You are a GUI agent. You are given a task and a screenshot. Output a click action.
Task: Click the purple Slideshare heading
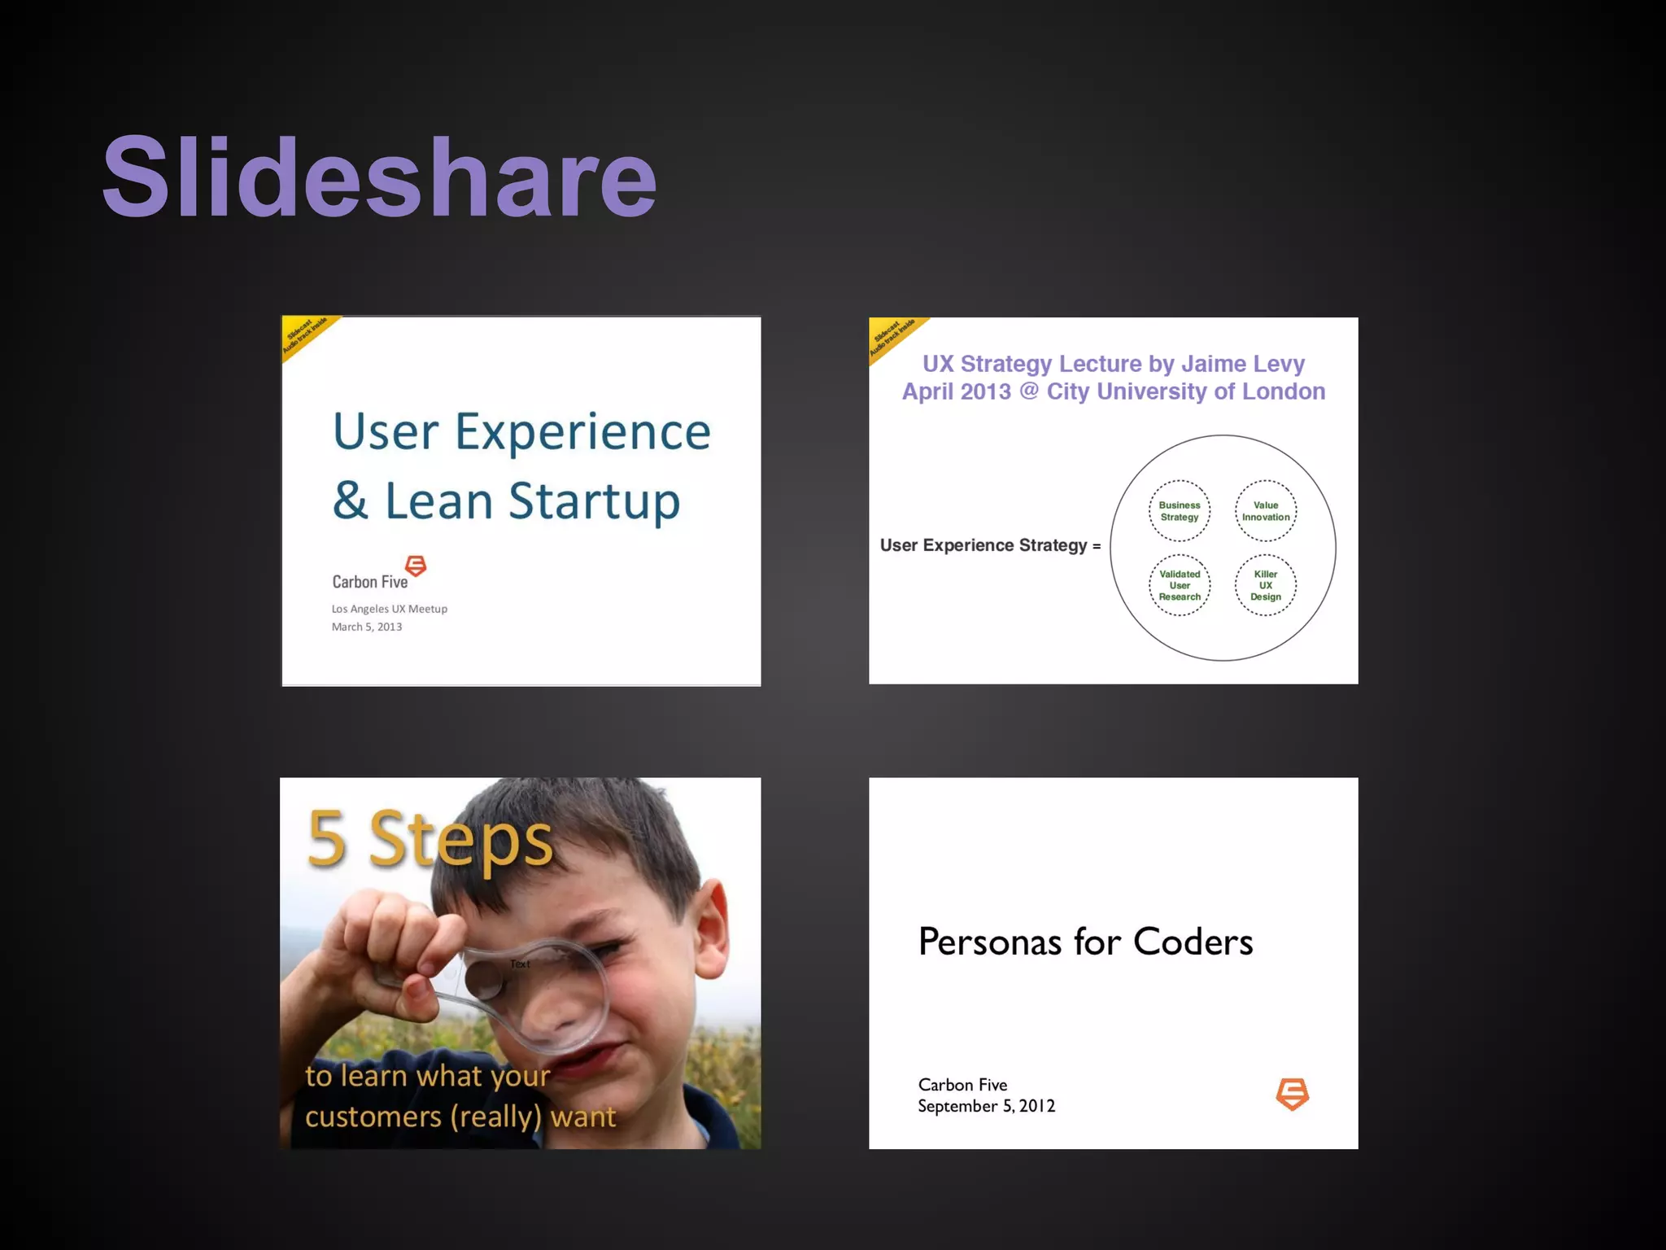(x=379, y=177)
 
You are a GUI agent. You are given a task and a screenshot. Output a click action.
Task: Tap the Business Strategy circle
(x=1180, y=511)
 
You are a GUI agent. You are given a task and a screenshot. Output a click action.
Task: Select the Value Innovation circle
(x=1266, y=511)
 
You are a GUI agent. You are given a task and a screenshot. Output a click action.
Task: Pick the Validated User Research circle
(x=1180, y=585)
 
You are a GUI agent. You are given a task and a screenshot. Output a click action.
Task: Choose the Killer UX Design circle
(x=1266, y=585)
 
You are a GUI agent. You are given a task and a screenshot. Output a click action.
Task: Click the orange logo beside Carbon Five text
(x=416, y=566)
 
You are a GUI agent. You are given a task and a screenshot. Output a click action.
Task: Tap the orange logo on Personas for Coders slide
(x=1292, y=1094)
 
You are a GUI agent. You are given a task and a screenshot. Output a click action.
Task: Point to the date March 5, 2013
(x=367, y=627)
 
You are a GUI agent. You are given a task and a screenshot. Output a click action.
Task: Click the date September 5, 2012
(x=986, y=1106)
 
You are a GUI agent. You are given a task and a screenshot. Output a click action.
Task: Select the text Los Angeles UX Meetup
(x=389, y=609)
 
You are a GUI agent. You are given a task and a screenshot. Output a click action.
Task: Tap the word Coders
(x=1193, y=942)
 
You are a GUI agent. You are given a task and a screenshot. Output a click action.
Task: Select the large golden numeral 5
(x=327, y=840)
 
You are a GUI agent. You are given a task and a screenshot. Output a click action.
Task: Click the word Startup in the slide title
(x=594, y=501)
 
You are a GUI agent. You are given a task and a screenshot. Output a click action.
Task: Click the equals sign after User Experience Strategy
(x=1097, y=546)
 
